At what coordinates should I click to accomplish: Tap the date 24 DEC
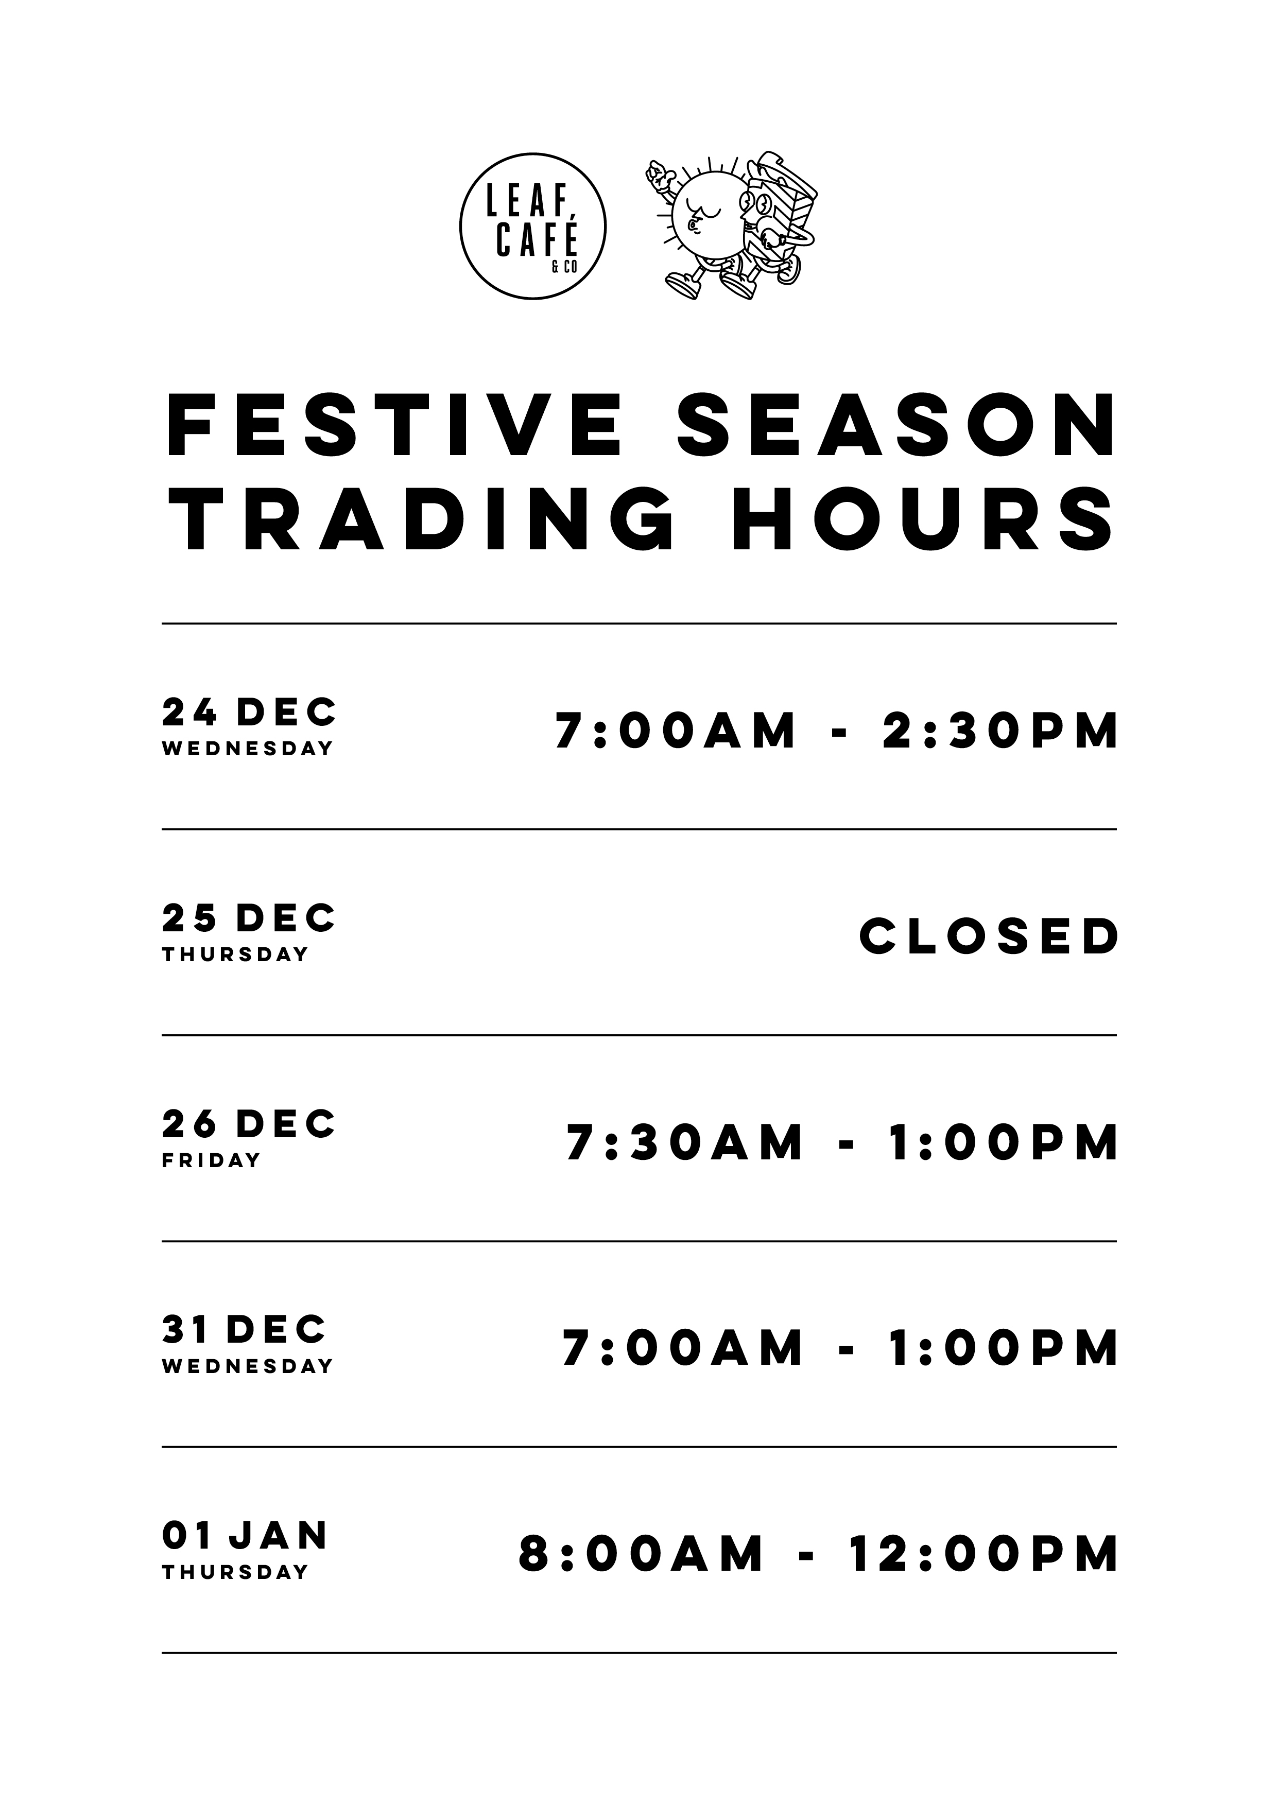click(249, 713)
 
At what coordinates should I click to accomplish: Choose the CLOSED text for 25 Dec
click(989, 937)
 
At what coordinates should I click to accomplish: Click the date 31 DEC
click(244, 1330)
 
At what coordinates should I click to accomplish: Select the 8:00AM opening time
click(641, 1555)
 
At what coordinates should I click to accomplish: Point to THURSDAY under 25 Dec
click(235, 955)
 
